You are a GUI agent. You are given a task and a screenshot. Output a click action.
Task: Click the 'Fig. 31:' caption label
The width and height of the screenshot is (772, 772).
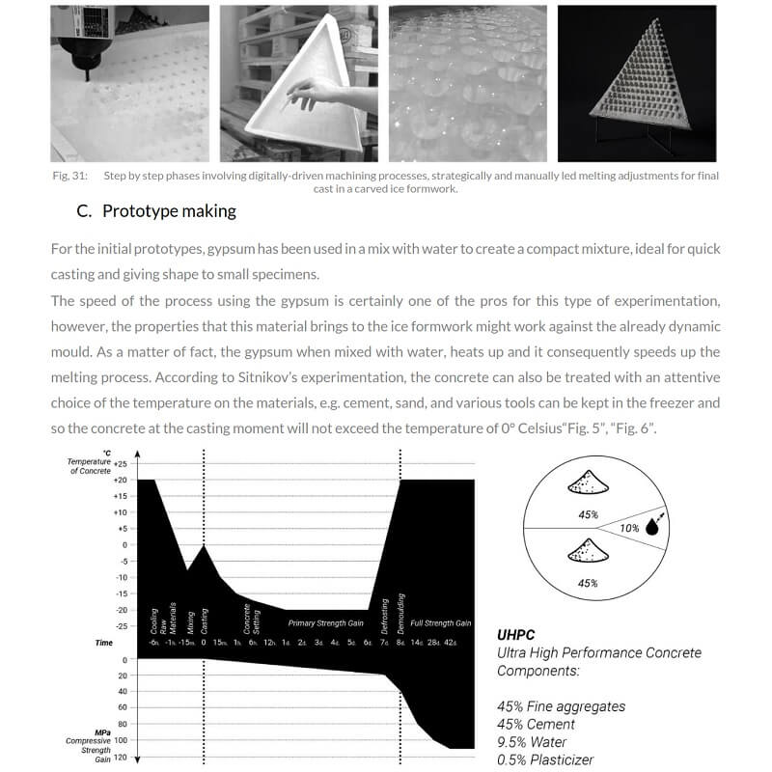[x=69, y=176]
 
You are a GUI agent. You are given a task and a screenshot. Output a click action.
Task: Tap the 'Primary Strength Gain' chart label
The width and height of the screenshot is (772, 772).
[x=326, y=623]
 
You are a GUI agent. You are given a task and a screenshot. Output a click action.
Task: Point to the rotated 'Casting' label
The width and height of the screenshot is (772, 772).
[x=205, y=616]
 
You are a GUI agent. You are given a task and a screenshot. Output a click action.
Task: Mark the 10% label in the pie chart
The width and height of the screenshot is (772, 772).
[x=629, y=528]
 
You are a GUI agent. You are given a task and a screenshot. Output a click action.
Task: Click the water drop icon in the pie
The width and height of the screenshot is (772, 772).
[x=653, y=527]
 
